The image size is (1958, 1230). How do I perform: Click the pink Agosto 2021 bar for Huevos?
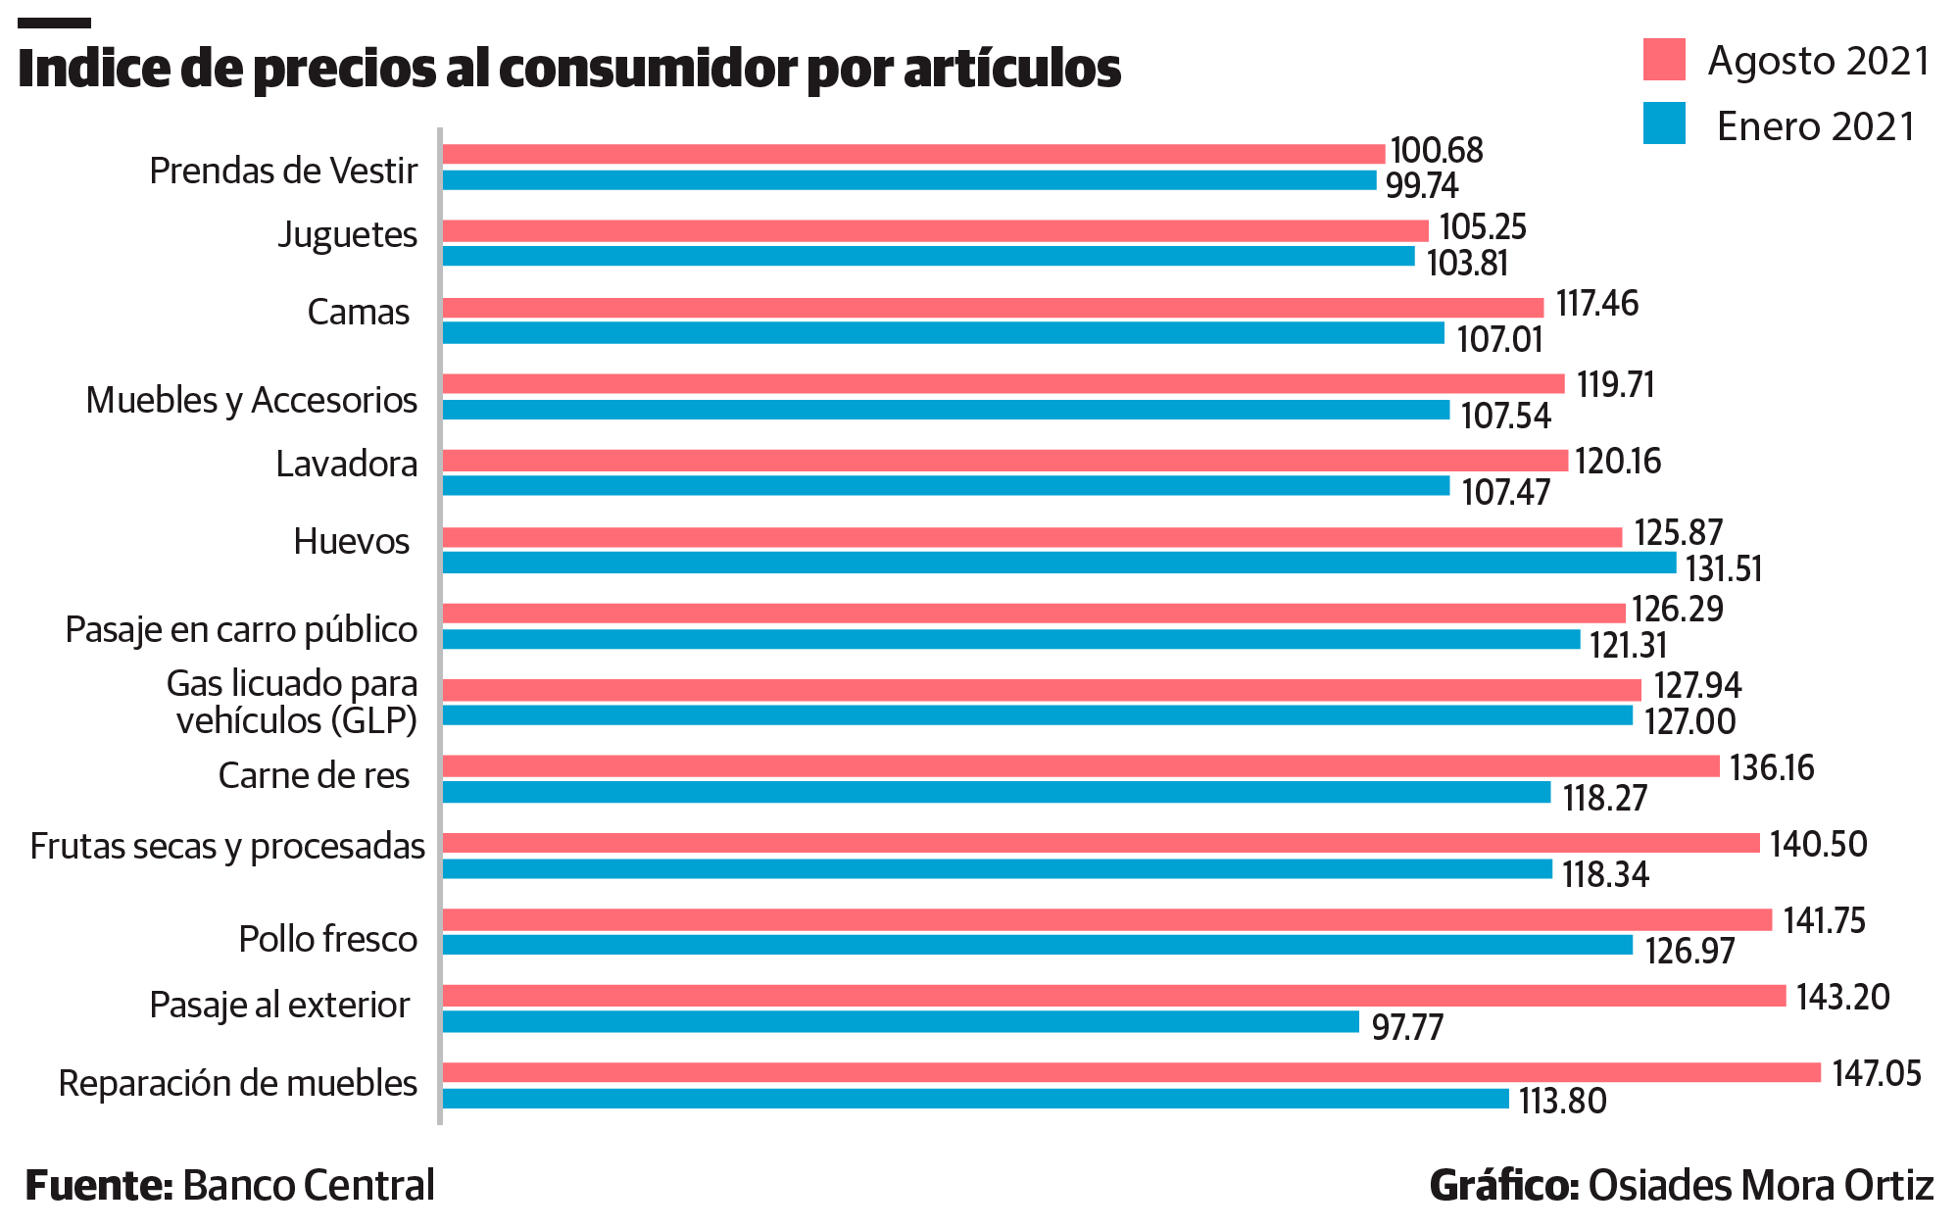[1032, 537]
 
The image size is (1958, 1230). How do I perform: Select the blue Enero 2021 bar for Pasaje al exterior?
[900, 1022]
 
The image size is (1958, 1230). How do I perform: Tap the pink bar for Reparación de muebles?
[1131, 1073]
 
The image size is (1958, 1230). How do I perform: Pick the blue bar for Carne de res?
[996, 793]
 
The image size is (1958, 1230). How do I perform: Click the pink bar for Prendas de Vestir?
[913, 154]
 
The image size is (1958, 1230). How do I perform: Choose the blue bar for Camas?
[943, 333]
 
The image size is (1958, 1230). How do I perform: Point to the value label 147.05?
[1876, 1074]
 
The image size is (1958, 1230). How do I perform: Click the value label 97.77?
[1407, 1027]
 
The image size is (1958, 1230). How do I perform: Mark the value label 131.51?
[1723, 568]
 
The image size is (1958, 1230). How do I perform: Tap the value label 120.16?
[1618, 461]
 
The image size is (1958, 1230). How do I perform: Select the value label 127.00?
[1689, 721]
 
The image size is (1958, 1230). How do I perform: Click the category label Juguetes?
[347, 235]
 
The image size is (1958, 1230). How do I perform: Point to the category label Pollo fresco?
[328, 939]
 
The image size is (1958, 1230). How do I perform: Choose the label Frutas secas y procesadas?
[227, 847]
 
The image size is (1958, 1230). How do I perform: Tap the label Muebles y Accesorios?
[252, 401]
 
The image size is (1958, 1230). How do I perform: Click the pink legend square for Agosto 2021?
[1664, 60]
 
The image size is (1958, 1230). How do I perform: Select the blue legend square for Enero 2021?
[1664, 124]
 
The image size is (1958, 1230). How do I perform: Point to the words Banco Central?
[309, 1186]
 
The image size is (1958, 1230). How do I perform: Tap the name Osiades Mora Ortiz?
[1760, 1186]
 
